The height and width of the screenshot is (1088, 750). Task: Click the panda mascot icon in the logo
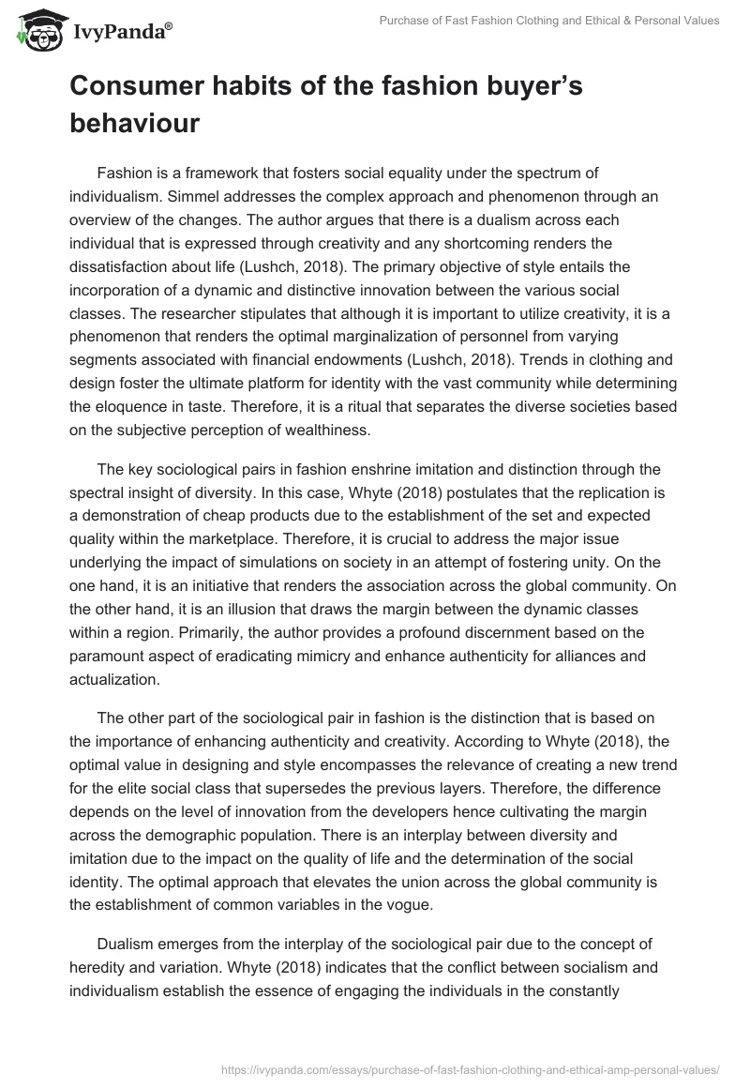(35, 32)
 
